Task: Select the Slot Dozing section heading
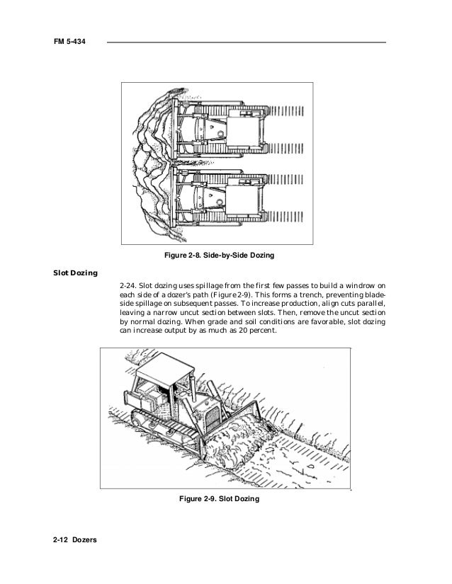point(76,272)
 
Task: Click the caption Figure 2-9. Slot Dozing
point(219,500)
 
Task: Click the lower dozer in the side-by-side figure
point(213,199)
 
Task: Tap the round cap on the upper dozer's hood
point(222,133)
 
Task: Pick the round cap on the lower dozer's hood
point(222,200)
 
